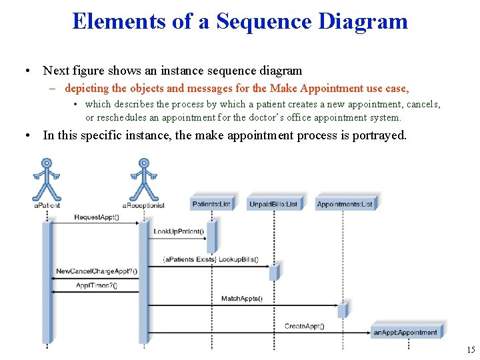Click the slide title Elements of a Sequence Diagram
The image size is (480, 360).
[x=240, y=21]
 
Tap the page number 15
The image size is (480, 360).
[x=471, y=350]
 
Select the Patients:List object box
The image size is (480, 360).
[x=211, y=203]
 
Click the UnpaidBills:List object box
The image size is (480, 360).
[x=274, y=203]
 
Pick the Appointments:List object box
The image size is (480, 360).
[x=345, y=203]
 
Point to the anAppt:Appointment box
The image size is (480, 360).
[x=405, y=331]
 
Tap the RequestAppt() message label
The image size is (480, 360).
[x=97, y=217]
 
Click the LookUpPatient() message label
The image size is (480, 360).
[x=179, y=232]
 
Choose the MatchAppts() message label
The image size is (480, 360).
[x=241, y=299]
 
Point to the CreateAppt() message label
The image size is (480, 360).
[x=304, y=326]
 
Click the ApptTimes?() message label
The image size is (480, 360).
[x=96, y=285]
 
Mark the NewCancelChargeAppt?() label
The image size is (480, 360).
[x=97, y=271]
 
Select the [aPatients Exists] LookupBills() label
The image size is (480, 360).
[x=211, y=259]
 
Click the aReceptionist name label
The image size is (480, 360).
[x=143, y=205]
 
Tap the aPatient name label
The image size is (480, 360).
[x=47, y=205]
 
